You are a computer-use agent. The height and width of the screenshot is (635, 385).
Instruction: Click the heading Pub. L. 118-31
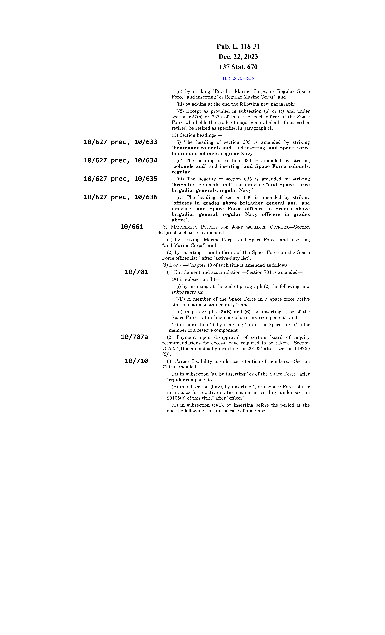coord(238,47)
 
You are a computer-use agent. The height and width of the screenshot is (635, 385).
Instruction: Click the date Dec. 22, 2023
coord(238,57)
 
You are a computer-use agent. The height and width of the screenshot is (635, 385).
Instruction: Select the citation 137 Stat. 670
coord(238,67)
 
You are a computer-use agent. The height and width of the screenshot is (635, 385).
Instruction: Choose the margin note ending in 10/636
coord(120,197)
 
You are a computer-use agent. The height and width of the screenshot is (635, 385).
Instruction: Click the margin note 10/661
coord(132,227)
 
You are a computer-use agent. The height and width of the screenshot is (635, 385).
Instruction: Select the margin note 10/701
coord(136,272)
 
